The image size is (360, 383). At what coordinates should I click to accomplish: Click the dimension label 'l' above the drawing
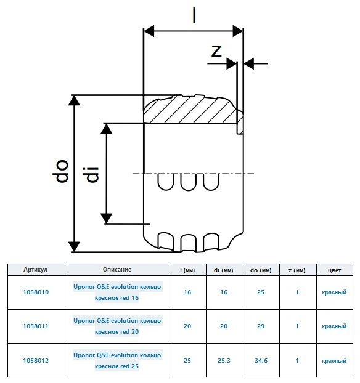194,15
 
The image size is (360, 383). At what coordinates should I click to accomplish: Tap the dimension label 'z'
217,51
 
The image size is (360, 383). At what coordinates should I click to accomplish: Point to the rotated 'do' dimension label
60,171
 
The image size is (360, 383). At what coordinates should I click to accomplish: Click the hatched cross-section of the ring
190,110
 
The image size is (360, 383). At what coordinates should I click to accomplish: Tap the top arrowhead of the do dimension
74,100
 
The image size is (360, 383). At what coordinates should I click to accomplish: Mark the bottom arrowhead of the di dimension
107,218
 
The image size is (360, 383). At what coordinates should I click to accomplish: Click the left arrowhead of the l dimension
149,31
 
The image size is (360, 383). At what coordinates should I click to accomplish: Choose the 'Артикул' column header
36,270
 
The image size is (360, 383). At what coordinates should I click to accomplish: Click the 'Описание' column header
117,270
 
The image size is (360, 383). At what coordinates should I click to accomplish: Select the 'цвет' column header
334,270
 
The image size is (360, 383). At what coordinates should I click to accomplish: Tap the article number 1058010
36,292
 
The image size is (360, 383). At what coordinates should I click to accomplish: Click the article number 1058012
36,361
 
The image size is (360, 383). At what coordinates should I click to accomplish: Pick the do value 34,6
261,361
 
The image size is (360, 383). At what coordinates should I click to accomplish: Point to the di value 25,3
224,361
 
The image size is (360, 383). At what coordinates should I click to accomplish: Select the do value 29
261,326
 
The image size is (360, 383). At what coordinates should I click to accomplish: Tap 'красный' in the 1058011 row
334,326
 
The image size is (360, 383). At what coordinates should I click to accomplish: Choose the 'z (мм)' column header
297,270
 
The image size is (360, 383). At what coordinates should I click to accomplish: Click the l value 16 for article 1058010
187,292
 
